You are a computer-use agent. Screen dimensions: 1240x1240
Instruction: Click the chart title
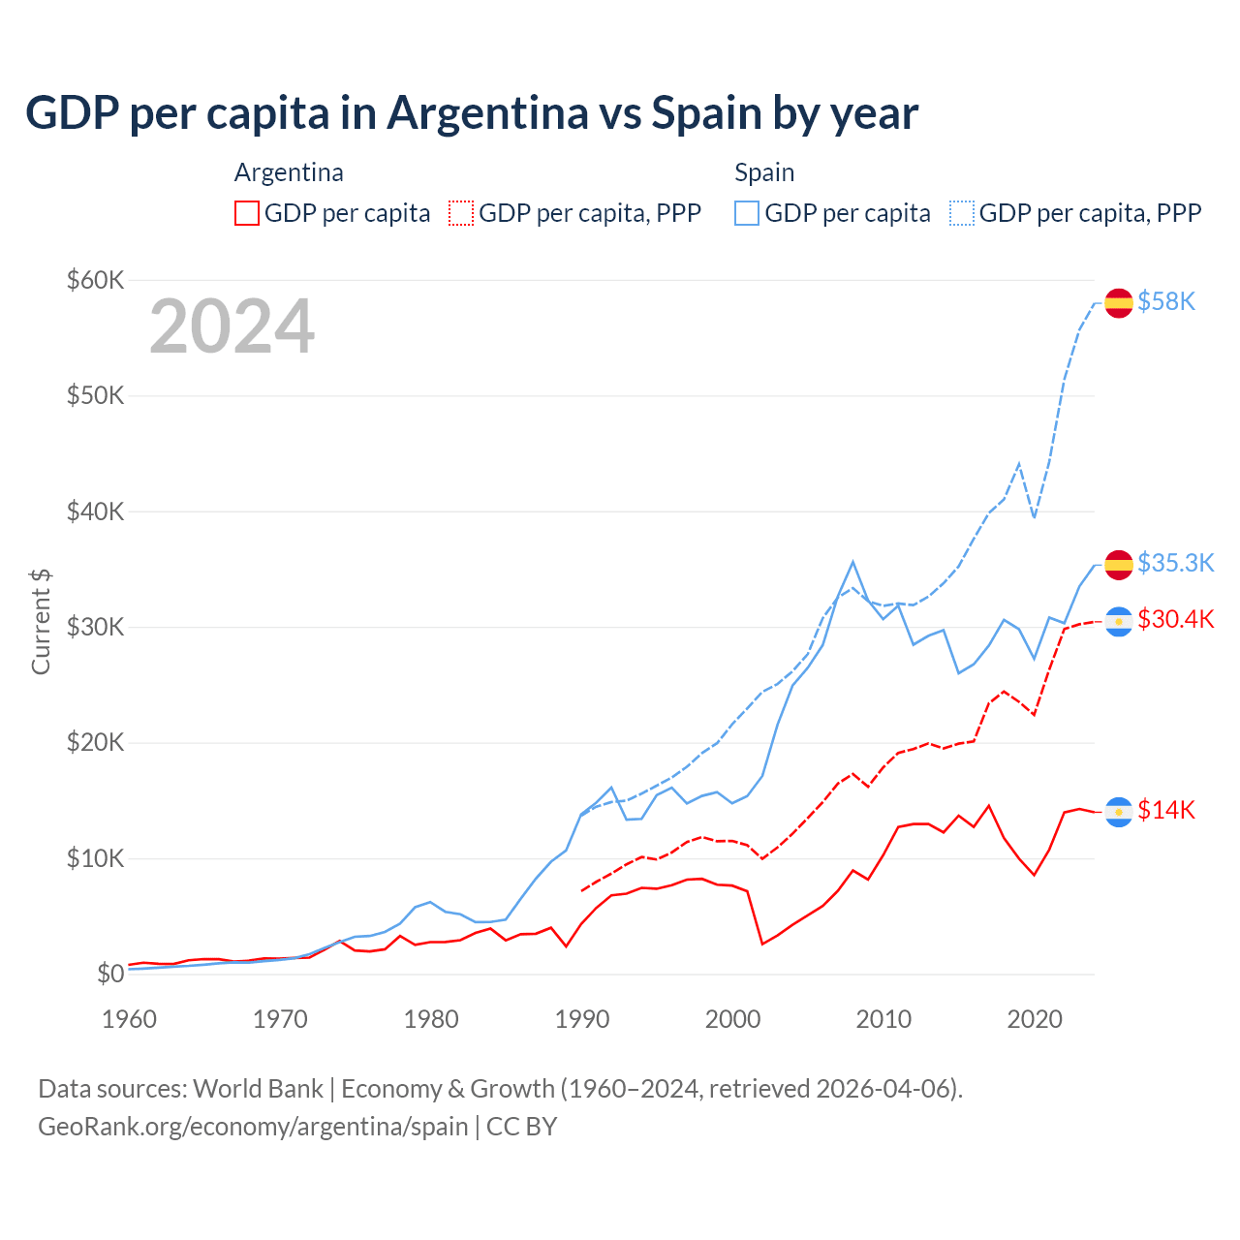[x=472, y=113]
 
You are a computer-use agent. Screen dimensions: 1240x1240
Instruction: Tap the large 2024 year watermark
[x=232, y=326]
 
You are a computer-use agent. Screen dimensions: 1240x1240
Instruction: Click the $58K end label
[x=1166, y=302]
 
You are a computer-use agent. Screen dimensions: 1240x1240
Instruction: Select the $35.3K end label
[x=1175, y=563]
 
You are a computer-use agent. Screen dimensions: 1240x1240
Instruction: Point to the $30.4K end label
[x=1175, y=619]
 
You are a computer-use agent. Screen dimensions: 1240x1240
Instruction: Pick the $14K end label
[x=1166, y=810]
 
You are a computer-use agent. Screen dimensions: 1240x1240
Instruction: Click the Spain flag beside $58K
[x=1119, y=302]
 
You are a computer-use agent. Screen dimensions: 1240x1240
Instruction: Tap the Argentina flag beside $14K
[x=1119, y=812]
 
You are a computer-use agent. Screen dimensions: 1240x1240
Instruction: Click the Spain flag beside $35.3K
[x=1119, y=564]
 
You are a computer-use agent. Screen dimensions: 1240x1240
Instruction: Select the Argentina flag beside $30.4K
[x=1119, y=621]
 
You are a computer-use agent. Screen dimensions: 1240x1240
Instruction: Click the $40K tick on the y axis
[x=95, y=511]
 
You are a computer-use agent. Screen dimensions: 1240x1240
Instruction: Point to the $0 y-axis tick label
[x=110, y=975]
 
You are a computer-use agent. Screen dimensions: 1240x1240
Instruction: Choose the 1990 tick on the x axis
[x=582, y=1019]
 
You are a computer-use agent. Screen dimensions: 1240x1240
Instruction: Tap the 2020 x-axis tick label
[x=1035, y=1019]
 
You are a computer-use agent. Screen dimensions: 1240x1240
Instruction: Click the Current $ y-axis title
[x=41, y=622]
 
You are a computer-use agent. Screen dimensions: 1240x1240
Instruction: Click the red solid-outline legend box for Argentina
[x=247, y=213]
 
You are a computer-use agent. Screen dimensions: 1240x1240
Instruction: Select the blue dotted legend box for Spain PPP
[x=962, y=213]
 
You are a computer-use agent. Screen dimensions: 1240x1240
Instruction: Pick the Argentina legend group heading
[x=289, y=172]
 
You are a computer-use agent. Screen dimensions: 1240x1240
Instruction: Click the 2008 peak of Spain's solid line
[x=852, y=562]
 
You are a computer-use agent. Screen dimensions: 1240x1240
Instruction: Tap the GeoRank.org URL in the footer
[x=253, y=1127]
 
